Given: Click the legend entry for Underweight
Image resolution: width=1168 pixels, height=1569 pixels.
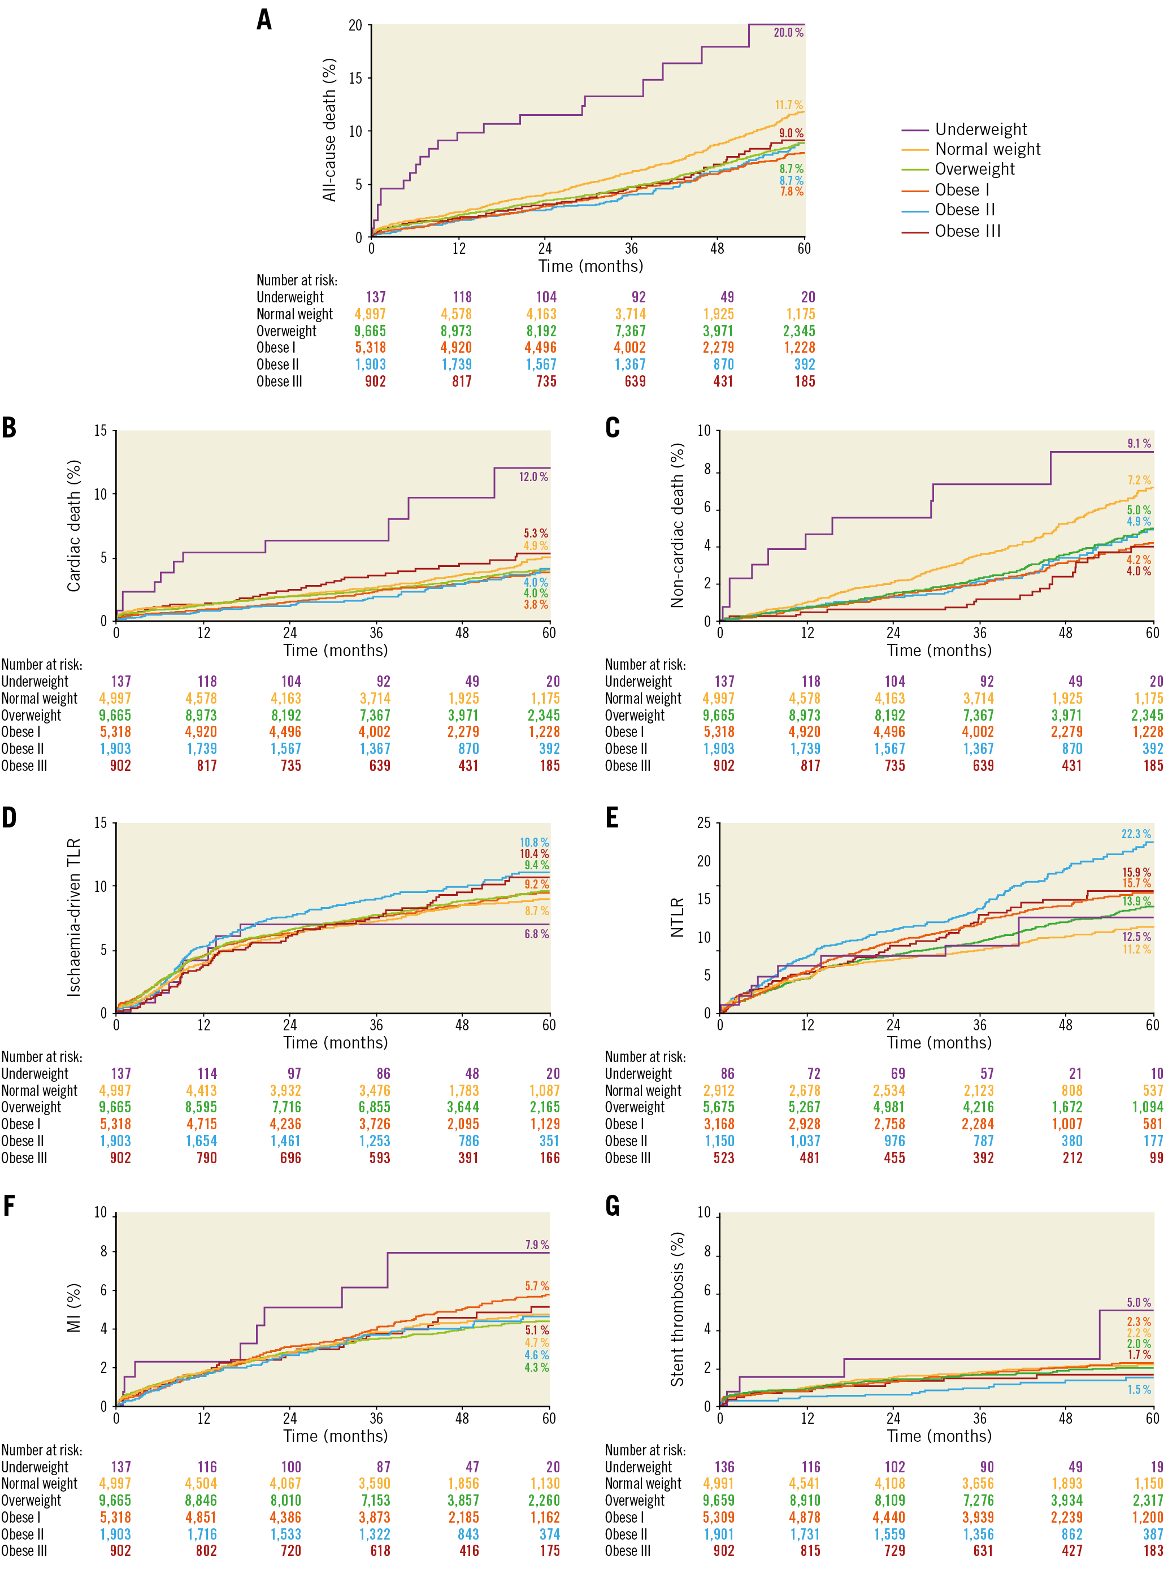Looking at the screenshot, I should point(980,129).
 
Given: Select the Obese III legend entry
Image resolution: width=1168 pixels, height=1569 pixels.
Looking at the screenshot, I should point(967,231).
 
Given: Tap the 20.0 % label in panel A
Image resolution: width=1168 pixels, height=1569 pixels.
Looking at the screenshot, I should point(788,33).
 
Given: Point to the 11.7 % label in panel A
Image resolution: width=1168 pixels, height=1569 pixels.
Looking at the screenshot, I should point(788,105).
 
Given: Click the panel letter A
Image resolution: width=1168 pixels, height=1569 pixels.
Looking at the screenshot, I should point(264,20).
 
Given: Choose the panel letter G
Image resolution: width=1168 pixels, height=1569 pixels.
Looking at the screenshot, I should point(613,1206).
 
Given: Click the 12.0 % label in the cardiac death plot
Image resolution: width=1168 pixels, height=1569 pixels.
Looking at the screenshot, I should point(533,477).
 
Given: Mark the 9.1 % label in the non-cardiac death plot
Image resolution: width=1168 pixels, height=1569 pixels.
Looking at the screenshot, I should point(1138,444).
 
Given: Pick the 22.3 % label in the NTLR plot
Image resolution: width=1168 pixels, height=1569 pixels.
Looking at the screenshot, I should point(1135,834).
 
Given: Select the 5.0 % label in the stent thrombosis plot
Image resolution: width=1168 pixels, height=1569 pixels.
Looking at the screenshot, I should point(1138,1302).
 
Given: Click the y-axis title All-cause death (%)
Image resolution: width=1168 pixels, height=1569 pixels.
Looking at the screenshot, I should point(329,130).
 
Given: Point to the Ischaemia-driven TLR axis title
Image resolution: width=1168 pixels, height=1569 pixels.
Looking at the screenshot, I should point(73,918).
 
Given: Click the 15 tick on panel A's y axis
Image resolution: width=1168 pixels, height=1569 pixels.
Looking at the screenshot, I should point(355,79).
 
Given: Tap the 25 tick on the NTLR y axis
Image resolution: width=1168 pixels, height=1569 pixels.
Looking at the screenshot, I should point(704,823).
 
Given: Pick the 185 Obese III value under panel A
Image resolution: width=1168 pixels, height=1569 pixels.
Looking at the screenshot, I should point(805,382).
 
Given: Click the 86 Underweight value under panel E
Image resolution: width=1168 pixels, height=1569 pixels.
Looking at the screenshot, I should point(727,1074).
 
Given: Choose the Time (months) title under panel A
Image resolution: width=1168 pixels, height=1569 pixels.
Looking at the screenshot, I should point(590,267).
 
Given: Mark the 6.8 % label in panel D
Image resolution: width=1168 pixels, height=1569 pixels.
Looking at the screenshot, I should point(536,935).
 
